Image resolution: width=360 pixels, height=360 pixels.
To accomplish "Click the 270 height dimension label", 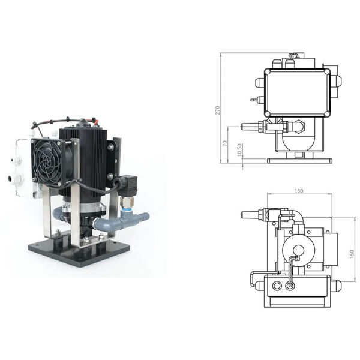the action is (x=217, y=110).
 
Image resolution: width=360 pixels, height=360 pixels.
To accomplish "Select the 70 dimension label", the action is (x=225, y=143).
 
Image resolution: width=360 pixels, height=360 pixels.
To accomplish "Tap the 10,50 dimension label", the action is (x=239, y=150).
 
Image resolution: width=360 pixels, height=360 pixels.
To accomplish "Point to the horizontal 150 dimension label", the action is (x=298, y=191).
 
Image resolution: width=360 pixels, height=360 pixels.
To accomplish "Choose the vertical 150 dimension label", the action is (x=351, y=254).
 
